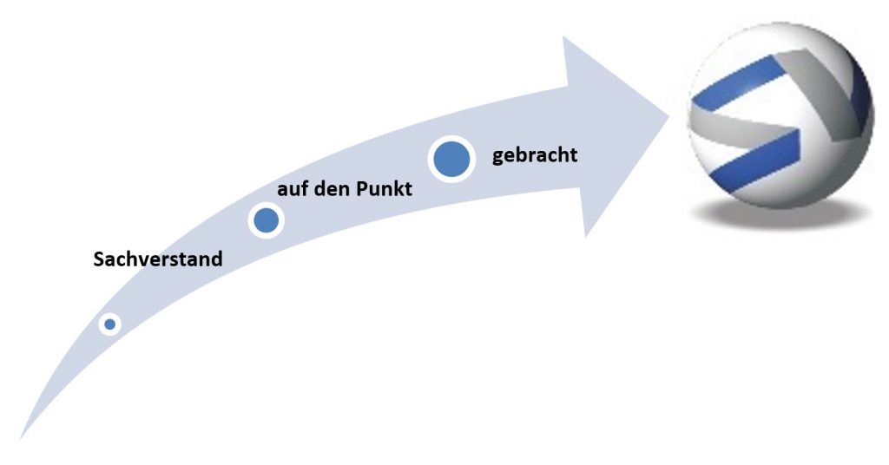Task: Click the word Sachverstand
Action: [x=158, y=259]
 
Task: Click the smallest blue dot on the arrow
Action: [x=109, y=324]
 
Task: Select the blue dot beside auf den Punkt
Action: [x=267, y=220]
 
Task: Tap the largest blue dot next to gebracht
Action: [x=451, y=160]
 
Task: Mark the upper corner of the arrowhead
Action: [x=565, y=37]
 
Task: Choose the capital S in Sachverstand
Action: [x=99, y=259]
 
